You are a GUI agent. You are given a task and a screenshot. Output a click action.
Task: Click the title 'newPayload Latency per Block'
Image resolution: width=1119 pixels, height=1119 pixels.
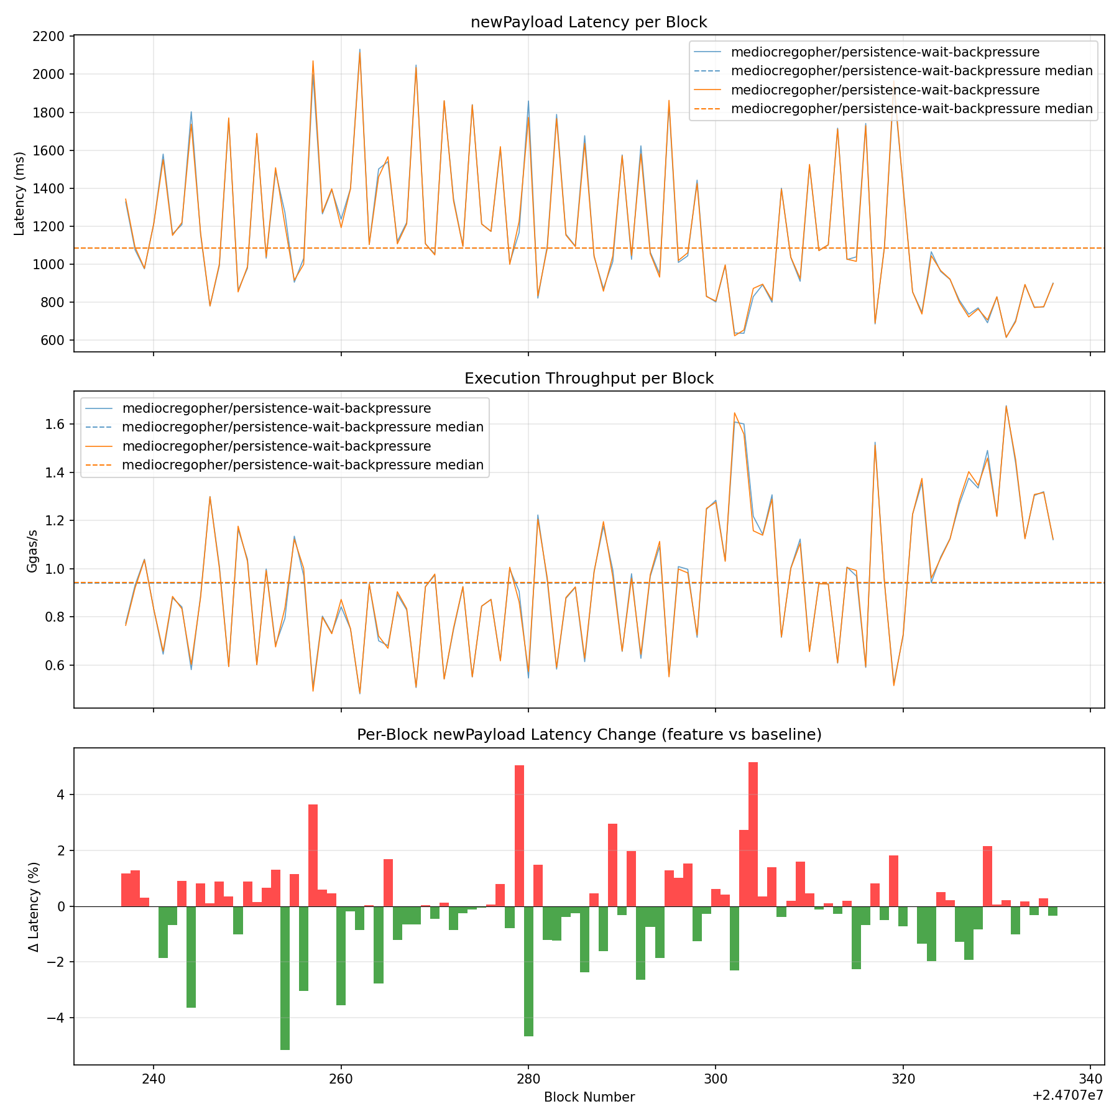point(589,22)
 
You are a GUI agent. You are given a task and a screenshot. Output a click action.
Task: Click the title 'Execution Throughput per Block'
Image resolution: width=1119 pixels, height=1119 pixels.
point(589,379)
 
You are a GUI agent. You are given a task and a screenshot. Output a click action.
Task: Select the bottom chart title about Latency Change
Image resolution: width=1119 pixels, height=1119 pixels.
point(589,735)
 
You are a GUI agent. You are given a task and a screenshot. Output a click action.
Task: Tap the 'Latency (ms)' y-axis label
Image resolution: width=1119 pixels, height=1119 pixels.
point(19,193)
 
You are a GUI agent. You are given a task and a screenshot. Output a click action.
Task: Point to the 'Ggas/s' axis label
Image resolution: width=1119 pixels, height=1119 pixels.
point(33,550)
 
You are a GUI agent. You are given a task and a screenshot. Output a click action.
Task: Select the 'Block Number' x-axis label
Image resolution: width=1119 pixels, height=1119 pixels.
point(589,1097)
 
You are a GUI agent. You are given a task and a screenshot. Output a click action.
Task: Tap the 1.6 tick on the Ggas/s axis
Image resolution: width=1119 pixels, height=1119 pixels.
point(55,425)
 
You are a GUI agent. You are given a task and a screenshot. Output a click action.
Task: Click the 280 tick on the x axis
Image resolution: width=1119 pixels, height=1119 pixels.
point(528,1078)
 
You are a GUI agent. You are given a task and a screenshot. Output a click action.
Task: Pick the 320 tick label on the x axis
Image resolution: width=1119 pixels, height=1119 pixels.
point(903,1078)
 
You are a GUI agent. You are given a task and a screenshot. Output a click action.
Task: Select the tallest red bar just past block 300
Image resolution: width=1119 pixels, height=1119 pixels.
point(753,834)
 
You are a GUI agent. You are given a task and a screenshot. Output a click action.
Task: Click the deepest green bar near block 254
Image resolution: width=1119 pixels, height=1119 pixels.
point(285,978)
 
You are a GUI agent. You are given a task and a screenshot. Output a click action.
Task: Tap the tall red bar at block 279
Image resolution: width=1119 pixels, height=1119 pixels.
point(519,836)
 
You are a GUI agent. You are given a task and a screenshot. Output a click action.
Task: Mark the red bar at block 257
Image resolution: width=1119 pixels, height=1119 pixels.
point(313,855)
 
